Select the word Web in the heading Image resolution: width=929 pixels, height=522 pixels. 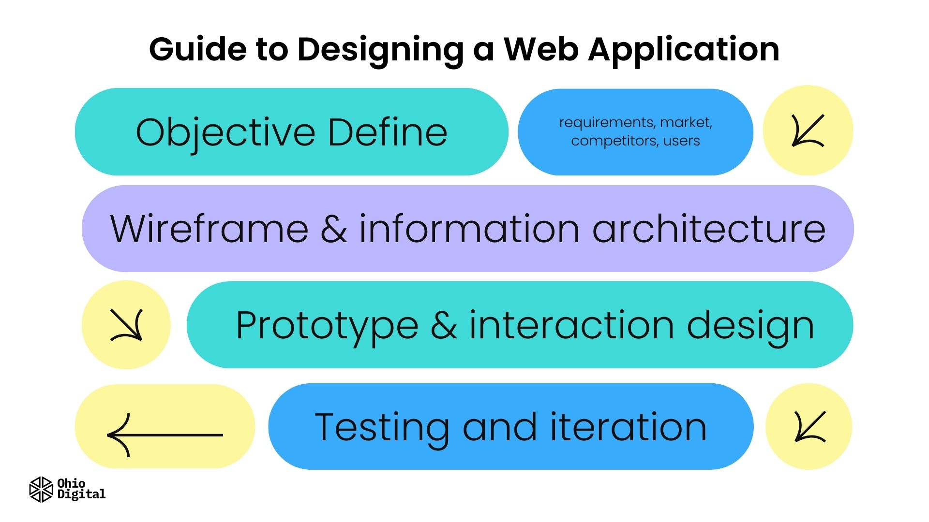click(541, 49)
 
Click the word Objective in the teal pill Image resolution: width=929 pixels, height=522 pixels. click(225, 132)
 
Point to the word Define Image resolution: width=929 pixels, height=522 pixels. click(387, 132)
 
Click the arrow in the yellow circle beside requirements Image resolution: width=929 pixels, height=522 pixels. click(808, 130)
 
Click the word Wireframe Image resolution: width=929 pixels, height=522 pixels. click(209, 229)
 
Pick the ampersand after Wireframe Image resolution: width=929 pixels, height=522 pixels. click(333, 229)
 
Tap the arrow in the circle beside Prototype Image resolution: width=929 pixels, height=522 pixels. click(126, 325)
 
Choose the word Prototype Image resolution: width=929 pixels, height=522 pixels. click(327, 326)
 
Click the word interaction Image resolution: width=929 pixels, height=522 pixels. click(571, 325)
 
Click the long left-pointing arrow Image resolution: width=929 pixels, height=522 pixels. click(165, 435)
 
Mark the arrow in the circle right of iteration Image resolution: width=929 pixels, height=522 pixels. click(809, 426)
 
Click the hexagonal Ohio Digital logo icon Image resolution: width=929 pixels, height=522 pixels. click(41, 489)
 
